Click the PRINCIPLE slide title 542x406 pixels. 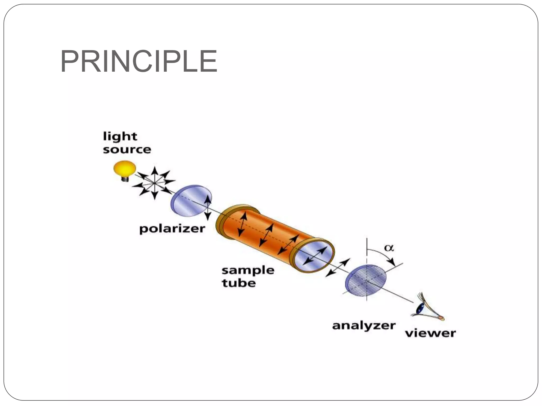click(x=139, y=61)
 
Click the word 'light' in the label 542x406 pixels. click(x=120, y=137)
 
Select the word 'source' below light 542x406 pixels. click(x=127, y=150)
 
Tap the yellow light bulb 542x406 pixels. click(x=125, y=168)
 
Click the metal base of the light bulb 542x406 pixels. click(x=125, y=179)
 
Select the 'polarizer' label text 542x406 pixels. click(x=172, y=229)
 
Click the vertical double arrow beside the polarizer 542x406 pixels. click(x=208, y=208)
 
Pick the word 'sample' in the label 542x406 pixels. click(x=248, y=270)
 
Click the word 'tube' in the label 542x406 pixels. click(x=239, y=283)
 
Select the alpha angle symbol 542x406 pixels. click(x=389, y=248)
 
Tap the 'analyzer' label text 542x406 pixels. click(x=364, y=326)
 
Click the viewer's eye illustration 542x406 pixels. click(x=423, y=308)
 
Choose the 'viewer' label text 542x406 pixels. click(x=430, y=333)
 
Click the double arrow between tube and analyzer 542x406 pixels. click(x=337, y=267)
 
